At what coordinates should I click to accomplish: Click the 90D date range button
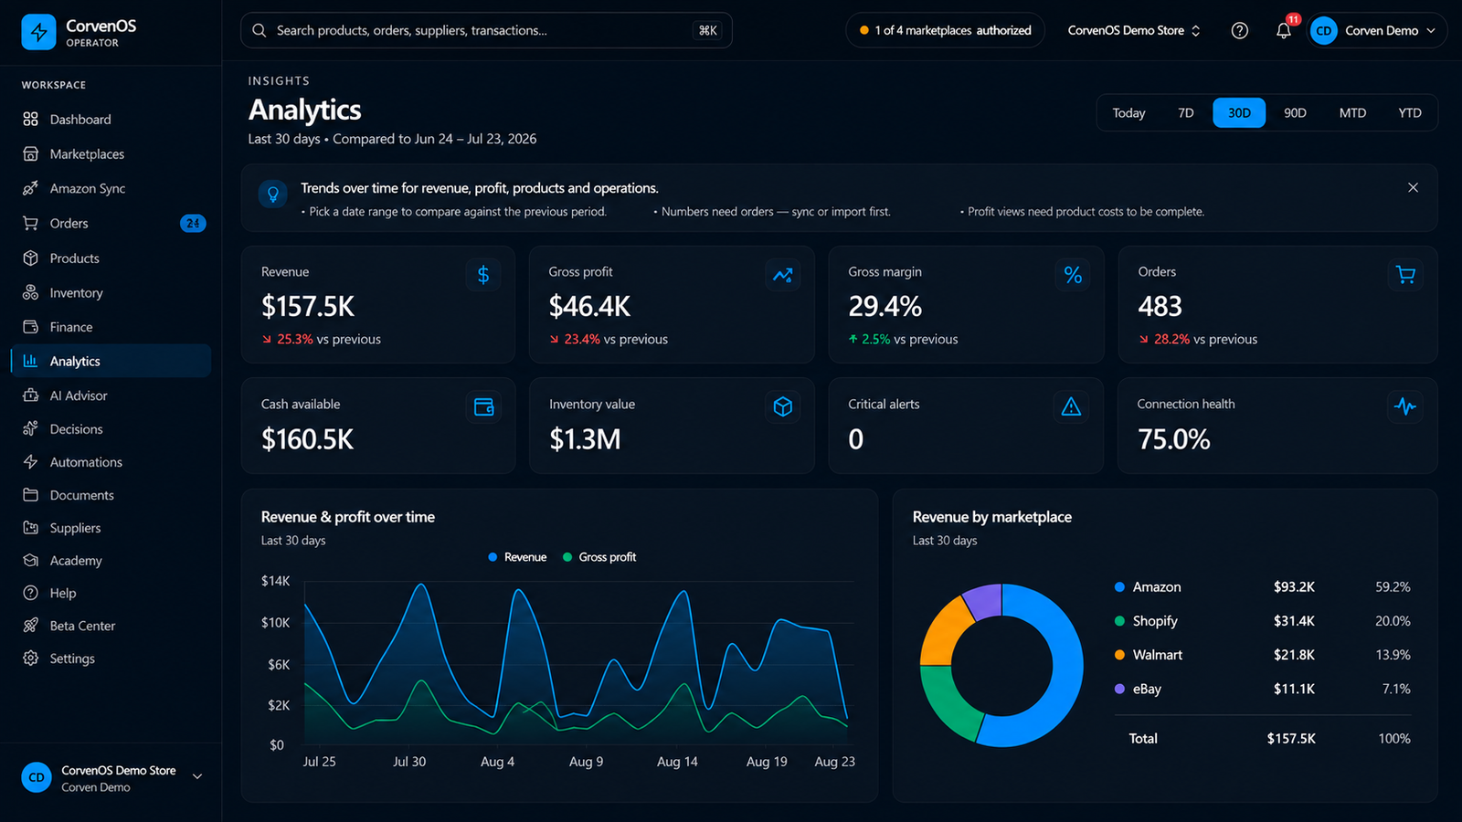coord(1295,113)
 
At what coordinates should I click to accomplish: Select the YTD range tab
coord(1410,113)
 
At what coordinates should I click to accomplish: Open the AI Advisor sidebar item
coord(79,395)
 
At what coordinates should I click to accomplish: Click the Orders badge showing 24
coord(193,223)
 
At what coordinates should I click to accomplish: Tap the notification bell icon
coord(1283,31)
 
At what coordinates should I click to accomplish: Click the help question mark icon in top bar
coord(1239,31)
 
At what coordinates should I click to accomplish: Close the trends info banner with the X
coord(1413,188)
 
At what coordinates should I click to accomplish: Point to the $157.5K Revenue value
coord(307,307)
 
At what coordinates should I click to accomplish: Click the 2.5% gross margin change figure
coord(875,339)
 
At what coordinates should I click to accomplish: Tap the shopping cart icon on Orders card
coord(1405,275)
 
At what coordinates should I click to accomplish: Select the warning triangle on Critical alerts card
coord(1071,407)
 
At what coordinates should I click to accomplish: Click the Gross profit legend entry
coord(599,557)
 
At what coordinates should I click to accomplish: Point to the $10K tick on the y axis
coord(275,622)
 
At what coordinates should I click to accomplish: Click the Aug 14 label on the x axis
coord(677,762)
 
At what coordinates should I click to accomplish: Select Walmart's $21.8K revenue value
coord(1294,654)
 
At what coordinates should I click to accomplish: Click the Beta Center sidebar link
coord(82,626)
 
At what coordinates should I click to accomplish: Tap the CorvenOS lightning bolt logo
coord(38,32)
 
